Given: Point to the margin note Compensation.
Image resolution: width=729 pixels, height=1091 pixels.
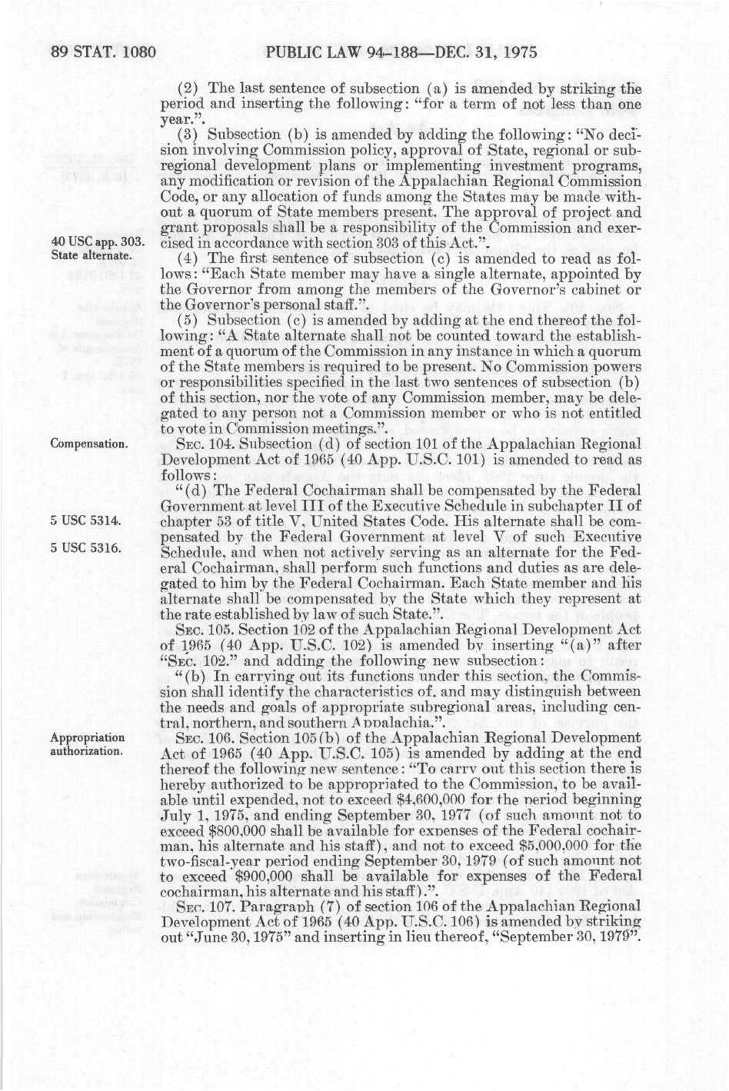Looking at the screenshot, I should (x=89, y=444).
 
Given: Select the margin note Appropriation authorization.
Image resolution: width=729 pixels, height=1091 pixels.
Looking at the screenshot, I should (x=87, y=744).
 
